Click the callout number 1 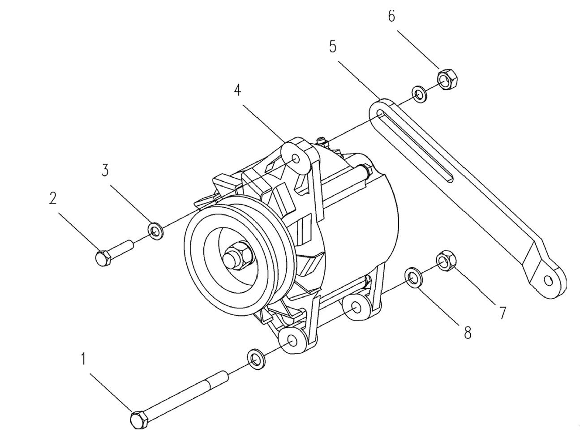pos(83,359)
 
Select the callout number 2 pos(53,198)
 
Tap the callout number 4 pos(237,90)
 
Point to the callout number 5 pos(332,46)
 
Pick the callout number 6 pos(391,16)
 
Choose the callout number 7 pos(503,313)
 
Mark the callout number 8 pos(468,333)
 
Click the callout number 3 pos(105,170)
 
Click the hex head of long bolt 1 pos(139,420)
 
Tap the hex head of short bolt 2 pos(103,258)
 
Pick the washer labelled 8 pos(412,277)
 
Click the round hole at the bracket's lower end pos(548,281)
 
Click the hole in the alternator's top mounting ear pos(296,159)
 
